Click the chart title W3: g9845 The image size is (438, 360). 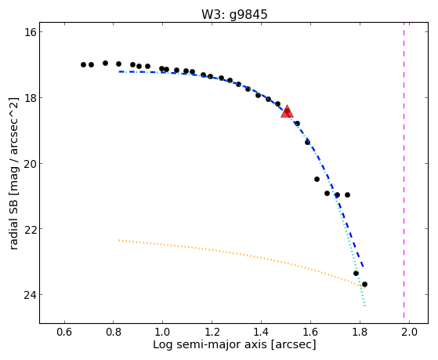pos(234,15)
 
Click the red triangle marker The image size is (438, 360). pos(287,111)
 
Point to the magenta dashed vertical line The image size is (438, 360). pos(404,173)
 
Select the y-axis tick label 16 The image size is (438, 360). pos(29,32)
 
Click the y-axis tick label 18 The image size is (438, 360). pos(29,97)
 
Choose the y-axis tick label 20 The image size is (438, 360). pos(29,163)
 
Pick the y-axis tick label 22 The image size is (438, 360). pos(29,229)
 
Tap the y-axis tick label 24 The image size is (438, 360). pos(29,295)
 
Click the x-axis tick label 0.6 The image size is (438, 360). pos(64,333)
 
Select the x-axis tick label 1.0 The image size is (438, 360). pos(162,333)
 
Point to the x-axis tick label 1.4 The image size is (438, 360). pos(261,333)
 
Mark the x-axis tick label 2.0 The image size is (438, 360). pos(409,333)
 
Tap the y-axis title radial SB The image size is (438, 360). pos(14,219)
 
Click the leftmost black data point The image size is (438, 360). pos(83,64)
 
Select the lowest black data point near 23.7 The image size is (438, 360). pos(364,284)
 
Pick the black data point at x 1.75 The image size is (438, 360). pos(347,195)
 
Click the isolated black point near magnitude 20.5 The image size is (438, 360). pos(317,179)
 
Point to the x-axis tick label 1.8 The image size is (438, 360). pos(360,333)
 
